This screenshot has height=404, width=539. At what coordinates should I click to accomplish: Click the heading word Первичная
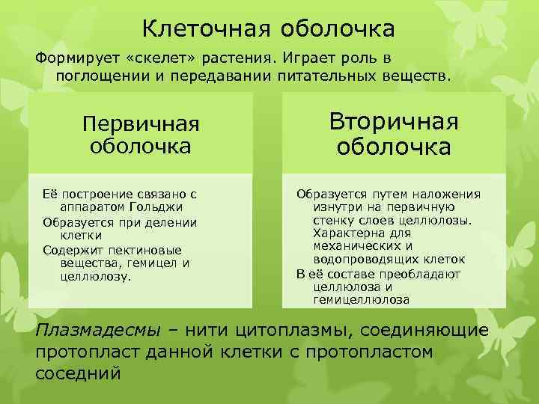[x=140, y=123]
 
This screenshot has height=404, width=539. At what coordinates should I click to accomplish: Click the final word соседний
[x=77, y=373]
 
